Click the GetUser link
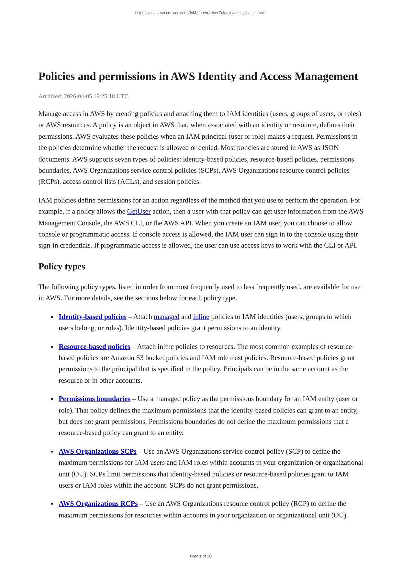pos(139,212)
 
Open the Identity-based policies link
pos(92,317)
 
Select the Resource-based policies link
pos(94,347)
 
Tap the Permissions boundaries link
pos(94,399)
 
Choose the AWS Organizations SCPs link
pos(97,451)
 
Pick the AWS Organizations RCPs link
pos(98,504)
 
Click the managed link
pos(166,317)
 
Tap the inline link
pos(201,317)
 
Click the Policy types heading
pos(62,266)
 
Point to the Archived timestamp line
pos(84,96)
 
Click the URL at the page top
pos(201,13)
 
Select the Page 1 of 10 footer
pos(201,556)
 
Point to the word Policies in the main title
pos(57,76)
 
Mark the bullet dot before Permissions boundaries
pos(52,399)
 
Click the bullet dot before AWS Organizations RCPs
pos(52,504)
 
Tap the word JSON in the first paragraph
pos(330,148)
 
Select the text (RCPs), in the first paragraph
pos(50,182)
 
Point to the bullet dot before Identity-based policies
pos(52,317)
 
